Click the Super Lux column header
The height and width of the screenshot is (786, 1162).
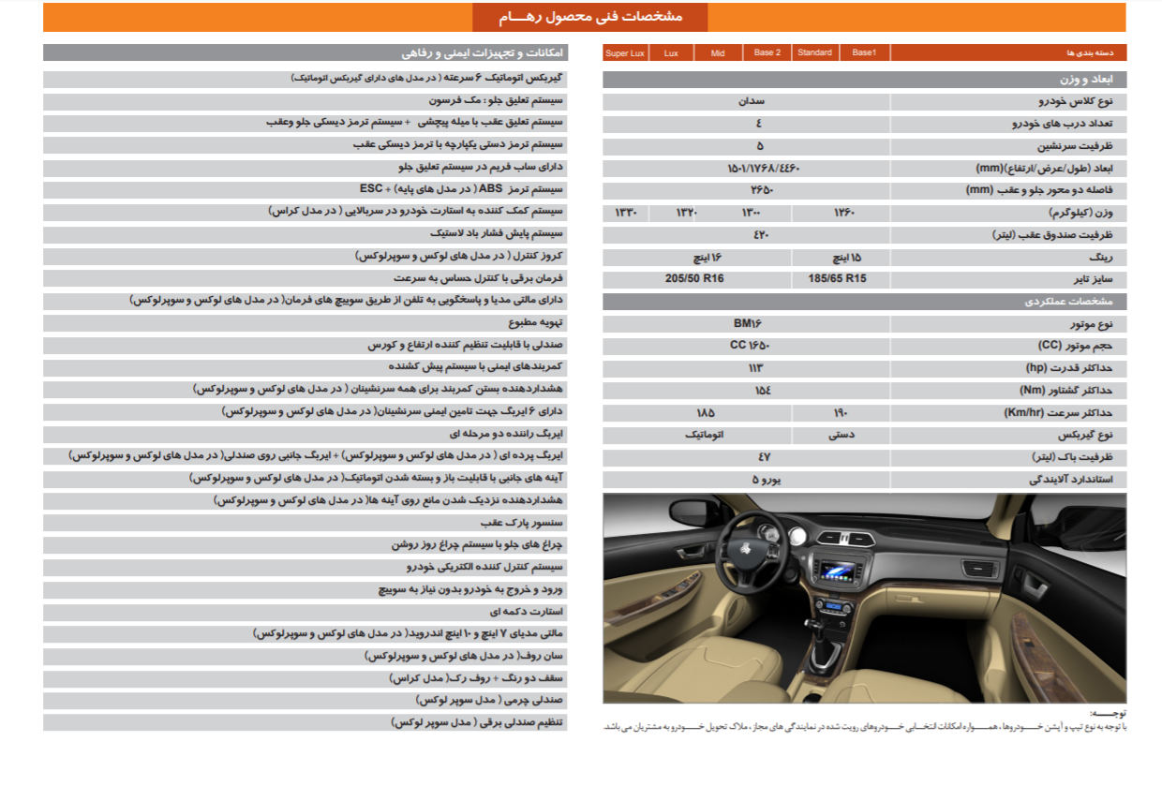(625, 53)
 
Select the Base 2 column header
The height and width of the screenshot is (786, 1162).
(767, 53)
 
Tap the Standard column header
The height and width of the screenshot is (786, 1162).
(814, 53)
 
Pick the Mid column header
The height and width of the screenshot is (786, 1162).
(718, 53)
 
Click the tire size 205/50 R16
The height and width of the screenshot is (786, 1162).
(694, 279)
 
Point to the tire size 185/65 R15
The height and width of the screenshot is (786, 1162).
(837, 279)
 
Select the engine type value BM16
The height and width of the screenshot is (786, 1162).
(748, 324)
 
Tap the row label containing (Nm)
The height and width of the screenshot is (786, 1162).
(1071, 391)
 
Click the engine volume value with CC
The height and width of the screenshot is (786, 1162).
(750, 346)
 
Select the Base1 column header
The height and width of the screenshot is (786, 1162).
(864, 53)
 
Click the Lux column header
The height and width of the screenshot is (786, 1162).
(671, 53)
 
